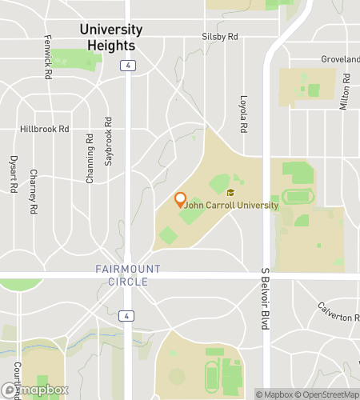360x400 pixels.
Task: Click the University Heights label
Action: click(111, 37)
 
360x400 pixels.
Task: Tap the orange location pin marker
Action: click(180, 200)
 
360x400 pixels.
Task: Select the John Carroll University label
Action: click(233, 206)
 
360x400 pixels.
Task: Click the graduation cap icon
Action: click(230, 193)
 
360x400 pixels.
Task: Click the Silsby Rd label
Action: click(220, 37)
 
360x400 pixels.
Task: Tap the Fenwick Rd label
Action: click(48, 55)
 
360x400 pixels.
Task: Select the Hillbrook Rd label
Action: click(45, 129)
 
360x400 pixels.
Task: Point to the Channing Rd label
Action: click(90, 162)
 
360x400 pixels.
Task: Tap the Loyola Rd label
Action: click(244, 114)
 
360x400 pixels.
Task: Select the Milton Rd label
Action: click(346, 92)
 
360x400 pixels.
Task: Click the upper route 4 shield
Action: click(128, 66)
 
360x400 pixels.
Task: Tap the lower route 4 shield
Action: click(128, 316)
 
